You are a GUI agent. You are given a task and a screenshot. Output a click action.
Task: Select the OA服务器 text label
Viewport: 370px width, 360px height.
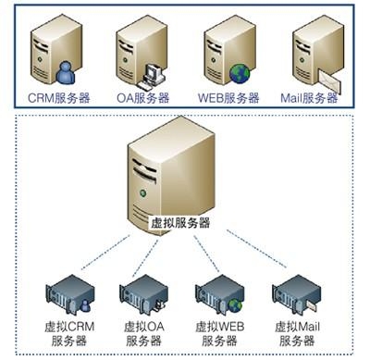click(x=142, y=97)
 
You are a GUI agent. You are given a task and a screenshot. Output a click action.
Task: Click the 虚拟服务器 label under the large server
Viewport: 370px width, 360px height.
click(x=180, y=222)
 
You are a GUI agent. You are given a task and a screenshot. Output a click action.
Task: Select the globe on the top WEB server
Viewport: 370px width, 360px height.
click(x=240, y=72)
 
